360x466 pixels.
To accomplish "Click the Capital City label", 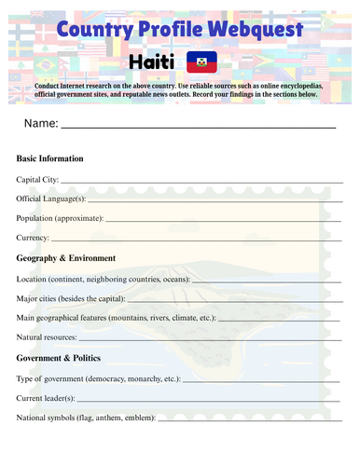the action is click(x=37, y=178).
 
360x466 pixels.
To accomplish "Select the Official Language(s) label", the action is click(x=51, y=198).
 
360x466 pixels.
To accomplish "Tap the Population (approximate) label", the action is click(x=60, y=218).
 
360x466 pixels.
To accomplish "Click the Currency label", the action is click(x=34, y=238).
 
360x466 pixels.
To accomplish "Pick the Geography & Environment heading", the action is click(x=66, y=258).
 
